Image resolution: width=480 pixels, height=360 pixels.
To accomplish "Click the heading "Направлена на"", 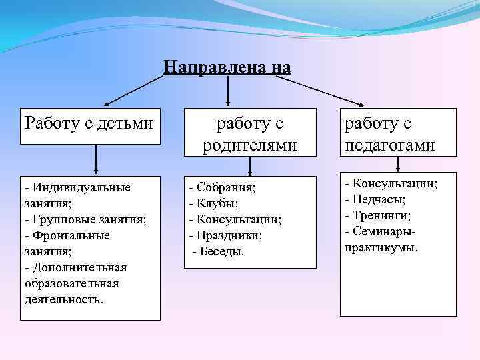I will [227, 67].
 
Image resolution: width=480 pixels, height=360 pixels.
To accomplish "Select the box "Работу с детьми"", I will [90, 125].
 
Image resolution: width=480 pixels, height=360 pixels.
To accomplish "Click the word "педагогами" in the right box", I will [389, 145].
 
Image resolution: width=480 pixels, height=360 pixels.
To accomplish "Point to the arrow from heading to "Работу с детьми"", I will [133, 91].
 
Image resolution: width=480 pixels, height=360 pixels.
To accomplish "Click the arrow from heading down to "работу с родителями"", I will [229, 91].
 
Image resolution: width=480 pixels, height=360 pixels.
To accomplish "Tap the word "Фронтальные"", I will [70, 235].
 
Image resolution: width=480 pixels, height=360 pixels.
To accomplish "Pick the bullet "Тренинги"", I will [381, 215].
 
